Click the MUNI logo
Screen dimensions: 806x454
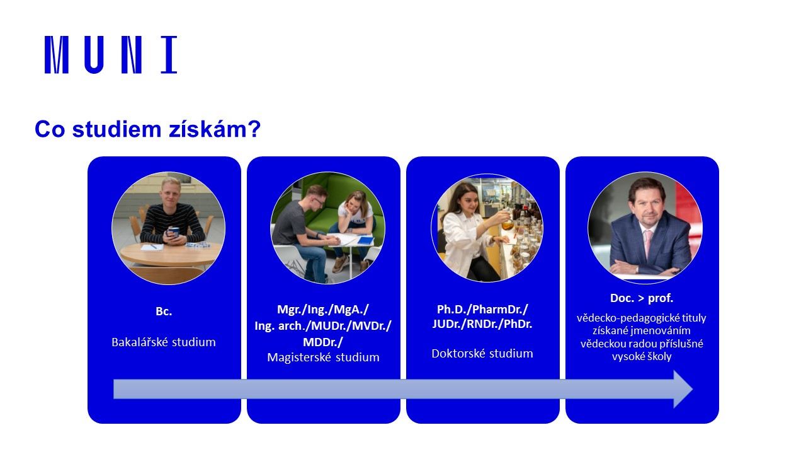(111, 55)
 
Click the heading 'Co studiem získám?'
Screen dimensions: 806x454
(147, 129)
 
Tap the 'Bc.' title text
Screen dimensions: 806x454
(164, 311)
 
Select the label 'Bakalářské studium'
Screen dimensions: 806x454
(164, 342)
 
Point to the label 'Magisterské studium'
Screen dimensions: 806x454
(323, 357)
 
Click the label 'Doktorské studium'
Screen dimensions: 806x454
(482, 354)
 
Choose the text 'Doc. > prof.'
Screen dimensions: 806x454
(642, 298)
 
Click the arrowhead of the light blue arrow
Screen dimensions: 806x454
(683, 389)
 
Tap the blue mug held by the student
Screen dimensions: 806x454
(173, 233)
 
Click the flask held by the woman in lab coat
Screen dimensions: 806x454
(508, 223)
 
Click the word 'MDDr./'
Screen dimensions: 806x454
(323, 342)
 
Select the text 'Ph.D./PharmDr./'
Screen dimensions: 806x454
(482, 309)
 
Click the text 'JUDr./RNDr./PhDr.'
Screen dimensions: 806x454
(482, 324)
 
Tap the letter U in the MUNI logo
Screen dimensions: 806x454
(94, 55)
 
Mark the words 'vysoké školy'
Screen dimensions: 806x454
(642, 356)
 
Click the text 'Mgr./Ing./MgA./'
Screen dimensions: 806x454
(323, 309)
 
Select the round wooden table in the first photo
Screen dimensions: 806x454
(171, 254)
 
